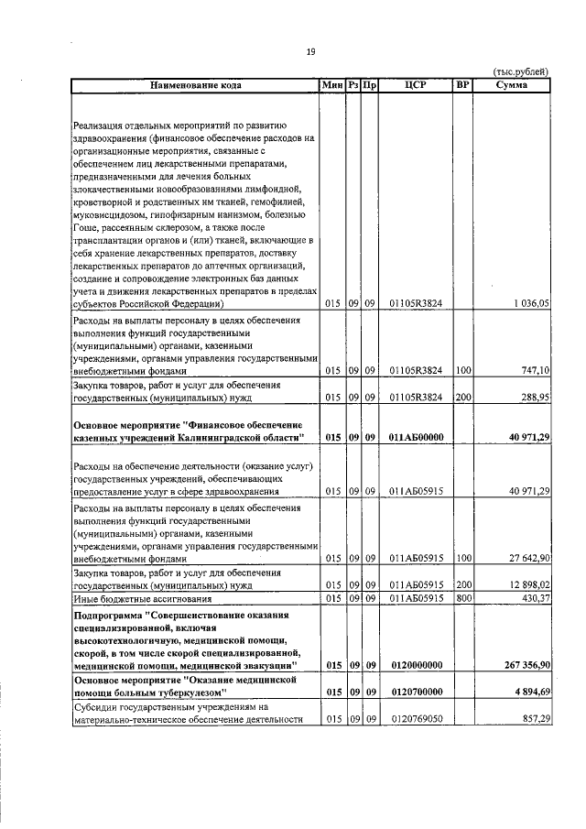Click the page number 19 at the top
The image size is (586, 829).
(x=310, y=53)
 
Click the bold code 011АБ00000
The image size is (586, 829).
(x=416, y=438)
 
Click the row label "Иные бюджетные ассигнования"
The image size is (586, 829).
(x=133, y=597)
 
